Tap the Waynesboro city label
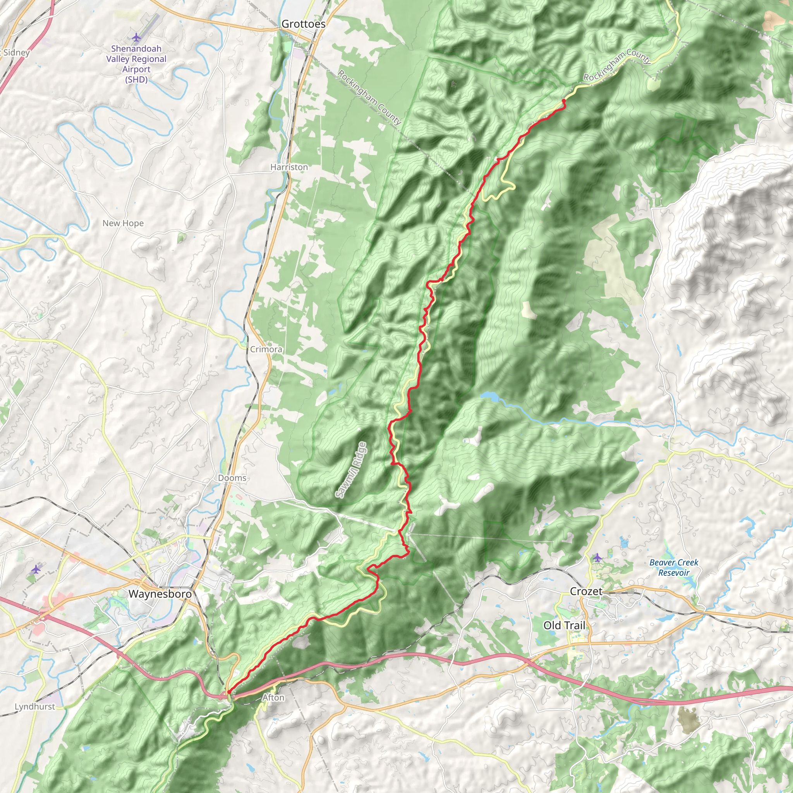point(160,594)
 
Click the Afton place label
point(273,697)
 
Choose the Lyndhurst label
point(35,706)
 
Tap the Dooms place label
point(232,478)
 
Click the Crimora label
point(266,349)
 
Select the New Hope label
point(123,223)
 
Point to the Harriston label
point(289,167)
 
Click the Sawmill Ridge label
point(351,470)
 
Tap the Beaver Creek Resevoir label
point(674,567)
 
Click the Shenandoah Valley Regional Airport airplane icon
point(136,38)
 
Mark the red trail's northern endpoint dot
point(563,101)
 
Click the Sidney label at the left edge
point(15,53)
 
